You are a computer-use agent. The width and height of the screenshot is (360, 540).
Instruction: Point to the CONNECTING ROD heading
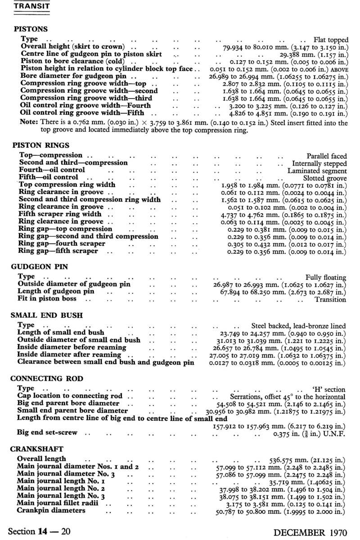tap(47, 378)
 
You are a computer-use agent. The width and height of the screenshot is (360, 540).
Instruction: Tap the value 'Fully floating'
tap(326, 277)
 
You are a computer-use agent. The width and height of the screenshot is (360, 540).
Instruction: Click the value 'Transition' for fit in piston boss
tap(330, 299)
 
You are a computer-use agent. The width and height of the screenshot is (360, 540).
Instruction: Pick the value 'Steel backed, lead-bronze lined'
tap(298, 325)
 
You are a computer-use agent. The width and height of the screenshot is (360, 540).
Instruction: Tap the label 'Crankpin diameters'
tap(51, 511)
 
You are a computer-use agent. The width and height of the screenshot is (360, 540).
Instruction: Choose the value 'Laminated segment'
tap(317, 171)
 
